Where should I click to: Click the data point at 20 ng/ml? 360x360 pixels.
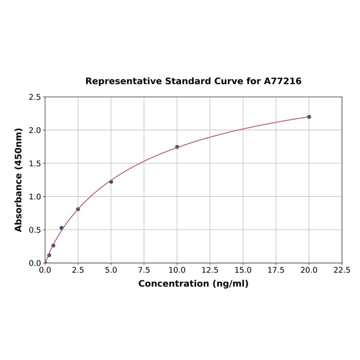tap(309, 117)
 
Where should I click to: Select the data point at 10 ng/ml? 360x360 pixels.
tap(177, 147)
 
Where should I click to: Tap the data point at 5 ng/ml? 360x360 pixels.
tap(111, 181)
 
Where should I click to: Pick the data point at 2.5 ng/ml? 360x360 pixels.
tap(78, 209)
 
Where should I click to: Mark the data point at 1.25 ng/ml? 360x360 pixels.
tap(61, 228)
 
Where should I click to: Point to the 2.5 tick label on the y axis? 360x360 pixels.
tap(35, 97)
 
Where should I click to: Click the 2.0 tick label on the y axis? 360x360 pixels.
tap(35, 130)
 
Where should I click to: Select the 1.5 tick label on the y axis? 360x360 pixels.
tap(35, 164)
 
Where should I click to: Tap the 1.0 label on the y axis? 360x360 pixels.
tap(35, 196)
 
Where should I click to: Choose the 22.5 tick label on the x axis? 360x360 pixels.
tap(342, 270)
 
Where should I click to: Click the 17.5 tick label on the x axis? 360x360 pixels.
tap(276, 270)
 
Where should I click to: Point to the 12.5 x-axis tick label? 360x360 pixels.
tap(210, 270)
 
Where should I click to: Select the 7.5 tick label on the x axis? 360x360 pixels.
tap(144, 270)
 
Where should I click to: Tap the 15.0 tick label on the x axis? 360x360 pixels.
tap(243, 270)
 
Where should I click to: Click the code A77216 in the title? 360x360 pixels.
tap(282, 82)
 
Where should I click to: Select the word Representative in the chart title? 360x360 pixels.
tap(123, 82)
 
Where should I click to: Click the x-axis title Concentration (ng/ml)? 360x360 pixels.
tap(193, 284)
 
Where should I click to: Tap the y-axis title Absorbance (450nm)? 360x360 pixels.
tap(19, 180)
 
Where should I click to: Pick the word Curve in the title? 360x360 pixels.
tap(228, 82)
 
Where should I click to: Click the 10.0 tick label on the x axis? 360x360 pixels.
tap(177, 270)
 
